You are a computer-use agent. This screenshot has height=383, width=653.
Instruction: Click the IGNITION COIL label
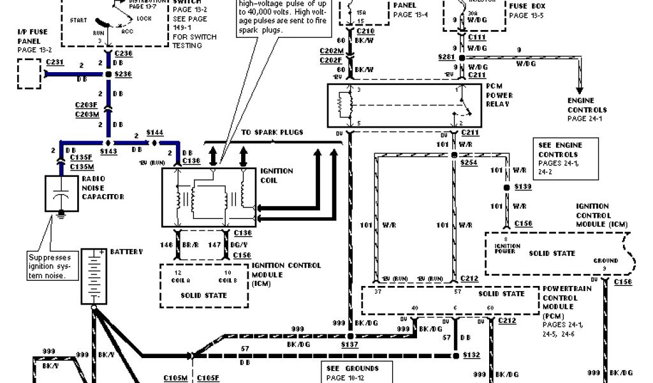tap(276, 176)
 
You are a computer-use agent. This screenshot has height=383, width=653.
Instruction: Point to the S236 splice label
tap(123, 75)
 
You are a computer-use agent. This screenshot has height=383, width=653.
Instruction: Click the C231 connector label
tap(55, 62)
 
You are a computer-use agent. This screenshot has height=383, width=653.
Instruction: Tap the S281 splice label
tap(446, 57)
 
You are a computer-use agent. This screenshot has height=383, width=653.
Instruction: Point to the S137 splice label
tap(351, 344)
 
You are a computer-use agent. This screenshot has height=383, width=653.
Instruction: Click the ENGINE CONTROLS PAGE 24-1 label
tap(584, 110)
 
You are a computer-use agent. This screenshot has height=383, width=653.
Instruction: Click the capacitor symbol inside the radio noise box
tap(61, 195)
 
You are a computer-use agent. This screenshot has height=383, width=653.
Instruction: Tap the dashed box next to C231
tap(27, 74)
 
